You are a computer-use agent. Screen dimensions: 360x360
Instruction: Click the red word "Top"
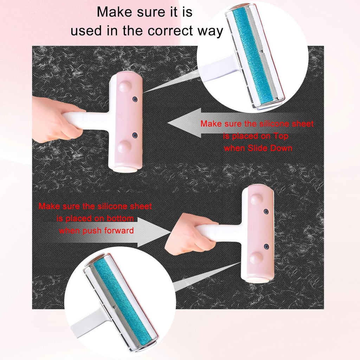(x=281, y=136)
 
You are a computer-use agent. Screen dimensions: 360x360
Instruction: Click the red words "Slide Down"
(x=270, y=148)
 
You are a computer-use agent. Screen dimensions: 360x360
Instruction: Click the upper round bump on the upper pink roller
(x=125, y=86)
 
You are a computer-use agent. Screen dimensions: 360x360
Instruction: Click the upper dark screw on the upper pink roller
(x=135, y=99)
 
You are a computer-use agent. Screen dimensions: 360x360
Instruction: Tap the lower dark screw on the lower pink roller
(x=266, y=247)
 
